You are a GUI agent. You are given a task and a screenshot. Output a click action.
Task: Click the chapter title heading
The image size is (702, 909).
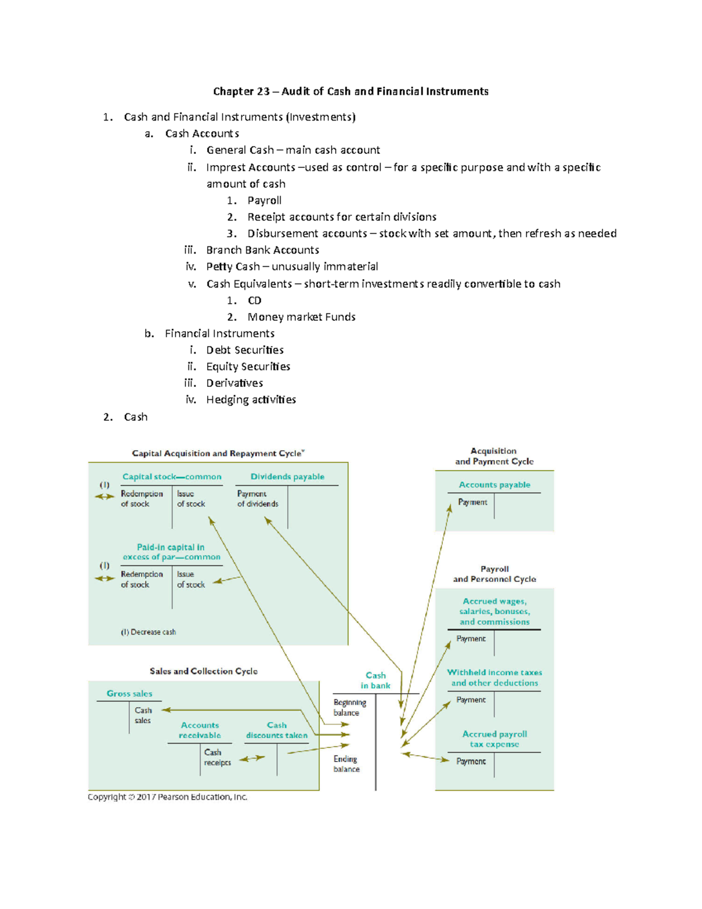(x=350, y=91)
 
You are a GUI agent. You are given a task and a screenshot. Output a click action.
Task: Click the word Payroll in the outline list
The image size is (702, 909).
(x=264, y=200)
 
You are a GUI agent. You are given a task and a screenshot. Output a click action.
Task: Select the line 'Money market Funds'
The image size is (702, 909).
(x=301, y=317)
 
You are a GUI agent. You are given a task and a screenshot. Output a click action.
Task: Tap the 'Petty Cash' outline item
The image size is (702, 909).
(x=233, y=267)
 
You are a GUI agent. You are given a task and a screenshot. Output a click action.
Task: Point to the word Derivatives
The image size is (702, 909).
(x=235, y=383)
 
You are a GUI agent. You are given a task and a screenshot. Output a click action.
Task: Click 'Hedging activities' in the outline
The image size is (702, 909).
(x=251, y=400)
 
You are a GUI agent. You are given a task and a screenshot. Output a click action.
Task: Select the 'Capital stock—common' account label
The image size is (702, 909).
(x=171, y=476)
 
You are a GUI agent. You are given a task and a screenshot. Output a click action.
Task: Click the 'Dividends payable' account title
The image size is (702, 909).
(x=287, y=476)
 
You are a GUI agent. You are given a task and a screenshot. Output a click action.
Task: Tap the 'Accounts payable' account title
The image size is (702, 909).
(x=494, y=485)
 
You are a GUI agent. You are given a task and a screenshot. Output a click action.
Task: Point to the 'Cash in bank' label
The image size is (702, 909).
(x=376, y=680)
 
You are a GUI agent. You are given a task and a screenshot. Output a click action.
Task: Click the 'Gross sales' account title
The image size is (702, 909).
(x=129, y=694)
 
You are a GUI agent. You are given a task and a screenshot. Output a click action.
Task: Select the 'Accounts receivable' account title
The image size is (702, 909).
(x=200, y=730)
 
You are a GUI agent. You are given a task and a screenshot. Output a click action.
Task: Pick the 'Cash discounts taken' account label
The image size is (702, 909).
(x=277, y=730)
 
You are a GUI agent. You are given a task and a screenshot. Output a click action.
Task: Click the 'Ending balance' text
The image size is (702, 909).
(x=346, y=764)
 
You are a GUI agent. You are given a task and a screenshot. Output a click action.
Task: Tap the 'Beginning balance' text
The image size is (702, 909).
(x=349, y=707)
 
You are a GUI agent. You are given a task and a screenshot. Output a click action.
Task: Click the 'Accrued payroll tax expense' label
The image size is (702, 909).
(x=495, y=739)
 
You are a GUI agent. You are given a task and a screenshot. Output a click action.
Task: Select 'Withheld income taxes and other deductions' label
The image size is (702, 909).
(x=495, y=677)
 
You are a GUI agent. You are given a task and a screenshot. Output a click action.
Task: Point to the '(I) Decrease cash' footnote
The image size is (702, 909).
(x=148, y=632)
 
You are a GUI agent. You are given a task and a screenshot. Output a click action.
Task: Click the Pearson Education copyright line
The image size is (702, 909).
(x=167, y=797)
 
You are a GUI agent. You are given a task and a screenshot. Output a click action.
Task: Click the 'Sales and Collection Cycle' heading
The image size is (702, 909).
(x=203, y=671)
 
